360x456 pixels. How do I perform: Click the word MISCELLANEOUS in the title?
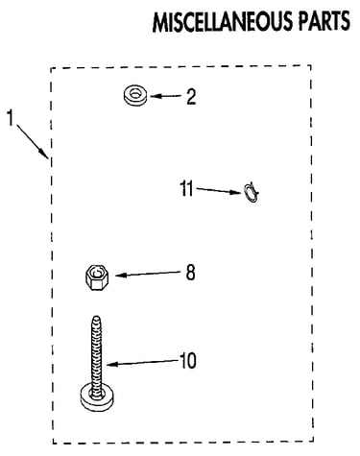coord(223,22)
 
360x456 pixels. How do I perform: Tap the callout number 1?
coord(11,118)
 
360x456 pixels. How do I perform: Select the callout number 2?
coord(191,97)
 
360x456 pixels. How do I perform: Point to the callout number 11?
coord(186,188)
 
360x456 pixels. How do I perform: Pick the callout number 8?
coord(190,273)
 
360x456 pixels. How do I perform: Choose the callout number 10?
coord(188,361)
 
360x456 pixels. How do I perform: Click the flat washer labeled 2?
coord(135,95)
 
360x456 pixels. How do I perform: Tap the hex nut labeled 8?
coord(97,277)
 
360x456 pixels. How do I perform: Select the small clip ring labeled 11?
coord(252,193)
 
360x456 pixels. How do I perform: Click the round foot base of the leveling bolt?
coord(98,397)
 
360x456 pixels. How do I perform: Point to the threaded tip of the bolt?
coord(96,319)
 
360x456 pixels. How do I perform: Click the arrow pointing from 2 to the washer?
coord(166,96)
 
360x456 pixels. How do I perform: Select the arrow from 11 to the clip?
coord(219,191)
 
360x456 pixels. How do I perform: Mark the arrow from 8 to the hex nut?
coord(148,274)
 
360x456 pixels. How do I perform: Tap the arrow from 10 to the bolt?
coord(142,362)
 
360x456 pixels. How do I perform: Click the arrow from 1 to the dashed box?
coord(33,141)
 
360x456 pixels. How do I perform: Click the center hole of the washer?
coord(135,93)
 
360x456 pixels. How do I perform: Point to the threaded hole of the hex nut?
coord(96,273)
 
